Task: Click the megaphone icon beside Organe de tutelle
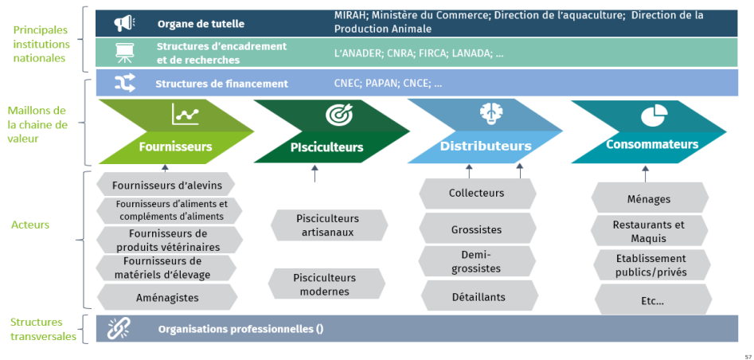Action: click(124, 23)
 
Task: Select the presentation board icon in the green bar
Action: click(124, 53)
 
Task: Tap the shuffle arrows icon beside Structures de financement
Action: click(125, 83)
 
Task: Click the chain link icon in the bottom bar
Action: click(119, 328)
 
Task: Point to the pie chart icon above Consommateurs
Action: click(653, 116)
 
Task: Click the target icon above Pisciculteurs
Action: click(338, 115)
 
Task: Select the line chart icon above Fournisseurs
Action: click(185, 115)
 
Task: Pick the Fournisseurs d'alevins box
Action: click(166, 185)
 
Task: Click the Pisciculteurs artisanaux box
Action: click(327, 225)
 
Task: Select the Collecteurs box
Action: click(476, 193)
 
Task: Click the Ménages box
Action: click(648, 199)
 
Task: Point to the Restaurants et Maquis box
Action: click(648, 231)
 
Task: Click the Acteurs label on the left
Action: click(30, 225)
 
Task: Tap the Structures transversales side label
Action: click(37, 329)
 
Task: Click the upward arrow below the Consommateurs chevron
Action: click(644, 169)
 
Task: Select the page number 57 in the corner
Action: click(748, 356)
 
